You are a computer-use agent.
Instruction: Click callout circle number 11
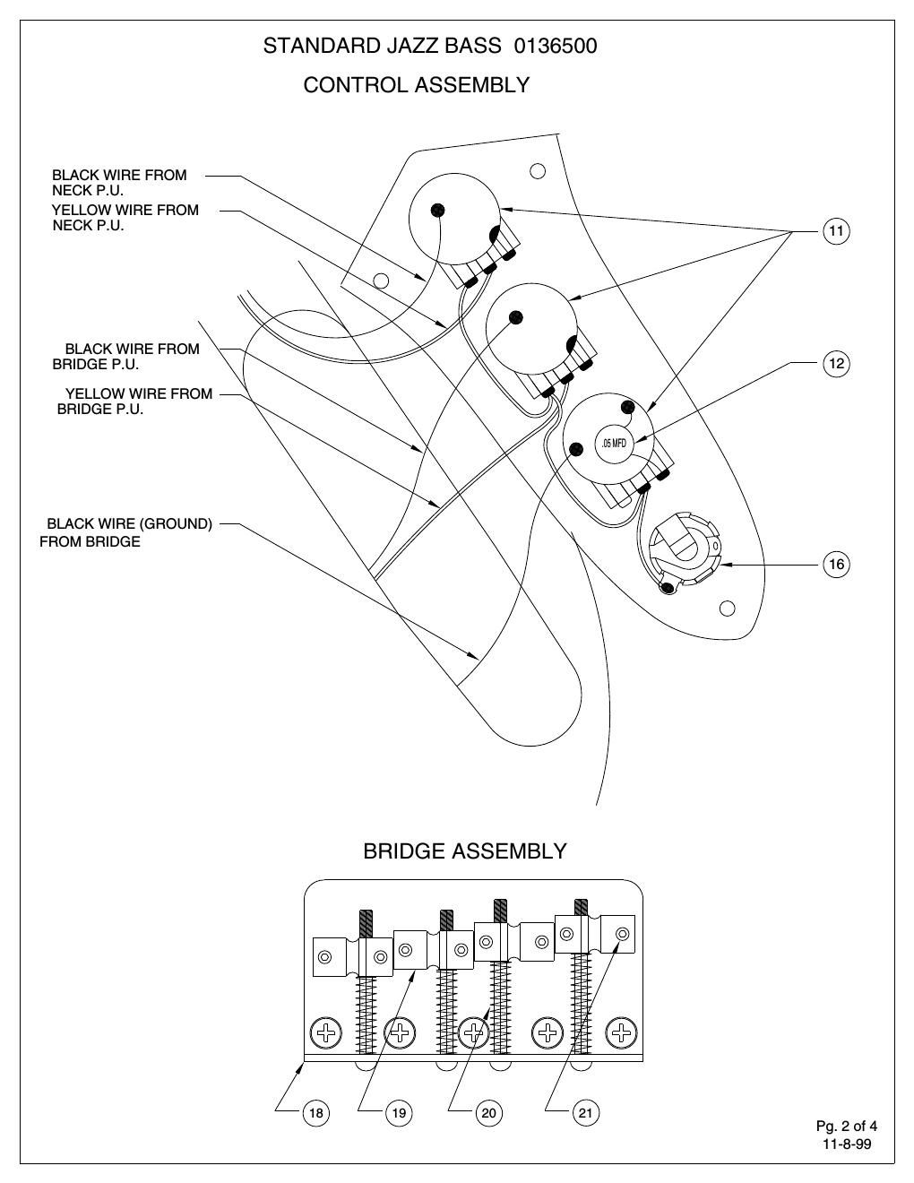pyautogui.click(x=835, y=231)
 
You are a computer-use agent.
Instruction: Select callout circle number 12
pyautogui.click(x=835, y=363)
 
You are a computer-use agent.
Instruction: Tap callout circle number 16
pyautogui.click(x=835, y=564)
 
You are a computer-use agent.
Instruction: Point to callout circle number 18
pyautogui.click(x=315, y=1113)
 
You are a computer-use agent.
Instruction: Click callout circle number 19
pyautogui.click(x=399, y=1113)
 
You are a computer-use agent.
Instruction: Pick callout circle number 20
pyautogui.click(x=488, y=1113)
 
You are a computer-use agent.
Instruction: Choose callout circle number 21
pyautogui.click(x=585, y=1113)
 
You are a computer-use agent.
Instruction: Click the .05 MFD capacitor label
pyautogui.click(x=614, y=444)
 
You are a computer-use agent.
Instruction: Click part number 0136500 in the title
pyautogui.click(x=556, y=46)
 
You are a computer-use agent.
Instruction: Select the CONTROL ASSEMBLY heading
pyautogui.click(x=416, y=85)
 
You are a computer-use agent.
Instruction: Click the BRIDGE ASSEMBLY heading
pyautogui.click(x=464, y=851)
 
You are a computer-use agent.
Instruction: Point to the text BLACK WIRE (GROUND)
pyautogui.click(x=129, y=523)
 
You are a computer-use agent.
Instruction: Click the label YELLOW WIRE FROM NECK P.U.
pyautogui.click(x=125, y=218)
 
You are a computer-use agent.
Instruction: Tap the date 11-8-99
pyautogui.click(x=846, y=1144)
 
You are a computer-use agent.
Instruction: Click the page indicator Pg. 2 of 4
pyautogui.click(x=846, y=1126)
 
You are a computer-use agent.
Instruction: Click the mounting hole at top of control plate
pyautogui.click(x=538, y=170)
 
